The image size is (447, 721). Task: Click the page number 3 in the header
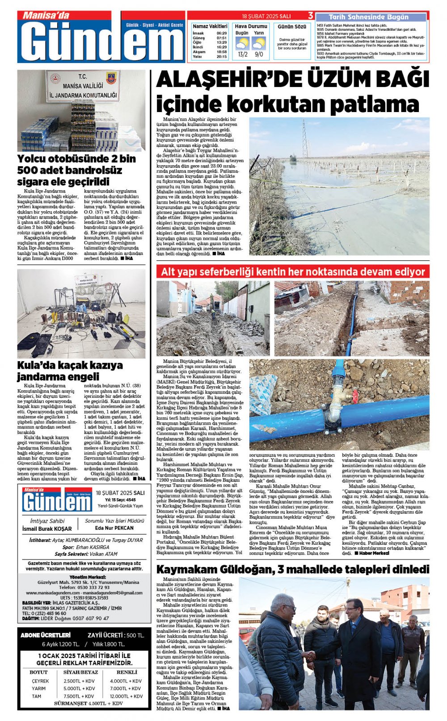click(311, 16)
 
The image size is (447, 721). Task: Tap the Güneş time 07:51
click(222, 38)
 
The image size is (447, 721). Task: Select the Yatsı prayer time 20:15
click(222, 57)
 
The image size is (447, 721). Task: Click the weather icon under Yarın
click(259, 43)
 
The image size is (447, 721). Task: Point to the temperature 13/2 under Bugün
click(243, 54)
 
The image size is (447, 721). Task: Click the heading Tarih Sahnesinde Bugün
click(369, 17)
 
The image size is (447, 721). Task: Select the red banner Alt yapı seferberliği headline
click(293, 272)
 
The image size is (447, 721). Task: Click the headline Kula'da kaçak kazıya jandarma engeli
click(70, 371)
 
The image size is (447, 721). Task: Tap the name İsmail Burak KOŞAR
click(47, 529)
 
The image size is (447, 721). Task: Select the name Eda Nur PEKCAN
click(114, 528)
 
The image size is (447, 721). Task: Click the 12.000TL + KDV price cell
click(126, 696)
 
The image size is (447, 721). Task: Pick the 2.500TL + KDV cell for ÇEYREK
click(79, 681)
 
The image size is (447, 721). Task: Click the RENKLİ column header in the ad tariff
click(127, 672)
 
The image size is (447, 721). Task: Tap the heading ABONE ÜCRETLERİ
click(46, 635)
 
